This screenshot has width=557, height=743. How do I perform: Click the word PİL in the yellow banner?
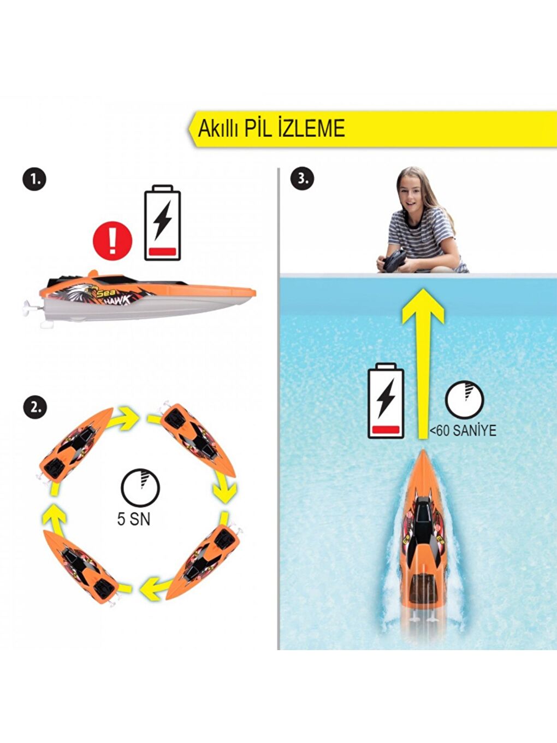click(258, 128)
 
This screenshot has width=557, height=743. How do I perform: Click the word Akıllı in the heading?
click(217, 129)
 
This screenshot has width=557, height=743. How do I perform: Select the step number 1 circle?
click(34, 179)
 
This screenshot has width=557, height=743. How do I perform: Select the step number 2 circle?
click(34, 407)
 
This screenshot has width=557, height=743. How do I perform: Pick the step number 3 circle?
click(302, 179)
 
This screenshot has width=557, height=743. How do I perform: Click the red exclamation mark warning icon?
click(112, 240)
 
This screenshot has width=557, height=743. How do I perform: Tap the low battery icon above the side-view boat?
click(162, 224)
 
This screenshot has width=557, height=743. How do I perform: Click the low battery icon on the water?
click(386, 401)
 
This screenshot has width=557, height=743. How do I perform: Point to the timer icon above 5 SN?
click(140, 486)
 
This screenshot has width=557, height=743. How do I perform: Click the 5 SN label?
click(133, 519)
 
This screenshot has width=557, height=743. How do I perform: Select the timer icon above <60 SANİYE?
click(464, 400)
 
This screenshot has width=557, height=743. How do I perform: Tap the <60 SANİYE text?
click(463, 431)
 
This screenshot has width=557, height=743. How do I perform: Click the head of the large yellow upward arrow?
click(422, 306)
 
